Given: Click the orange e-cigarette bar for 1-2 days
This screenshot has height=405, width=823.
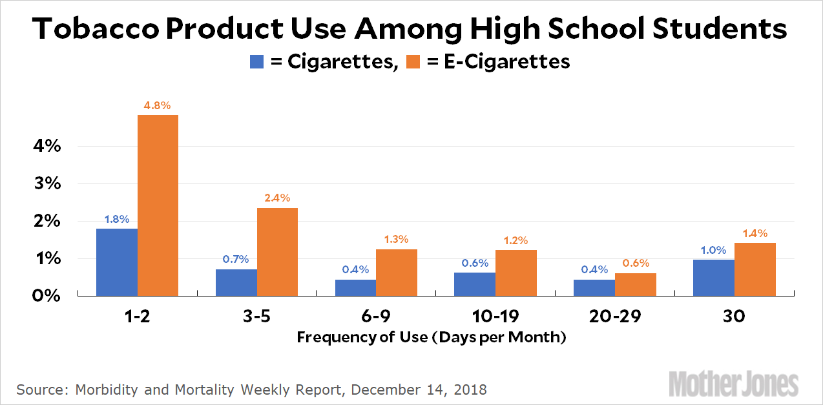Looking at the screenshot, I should click(158, 205).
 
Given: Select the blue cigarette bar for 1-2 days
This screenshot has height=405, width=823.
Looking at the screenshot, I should click(117, 262).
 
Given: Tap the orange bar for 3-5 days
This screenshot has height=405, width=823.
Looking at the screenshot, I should click(277, 251).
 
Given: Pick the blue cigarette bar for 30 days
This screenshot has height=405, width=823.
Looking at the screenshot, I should click(714, 278).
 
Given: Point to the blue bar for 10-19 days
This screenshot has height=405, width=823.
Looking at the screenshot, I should click(475, 284).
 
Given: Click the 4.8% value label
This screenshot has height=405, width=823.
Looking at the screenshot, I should click(158, 105).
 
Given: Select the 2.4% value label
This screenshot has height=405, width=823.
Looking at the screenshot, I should click(277, 198).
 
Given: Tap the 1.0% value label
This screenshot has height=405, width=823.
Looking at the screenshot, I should click(714, 249).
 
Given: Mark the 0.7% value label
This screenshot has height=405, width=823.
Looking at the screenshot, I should click(236, 259).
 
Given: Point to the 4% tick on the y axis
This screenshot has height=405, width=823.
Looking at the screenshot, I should click(47, 146).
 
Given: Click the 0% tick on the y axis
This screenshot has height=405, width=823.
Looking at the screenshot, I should click(47, 296).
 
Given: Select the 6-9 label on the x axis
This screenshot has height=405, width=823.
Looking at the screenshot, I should click(376, 317).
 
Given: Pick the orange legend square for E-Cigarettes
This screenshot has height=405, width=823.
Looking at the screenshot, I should click(411, 62).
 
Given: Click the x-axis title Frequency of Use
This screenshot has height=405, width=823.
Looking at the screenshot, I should click(431, 337).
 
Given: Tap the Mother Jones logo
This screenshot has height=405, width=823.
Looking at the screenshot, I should click(733, 384).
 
